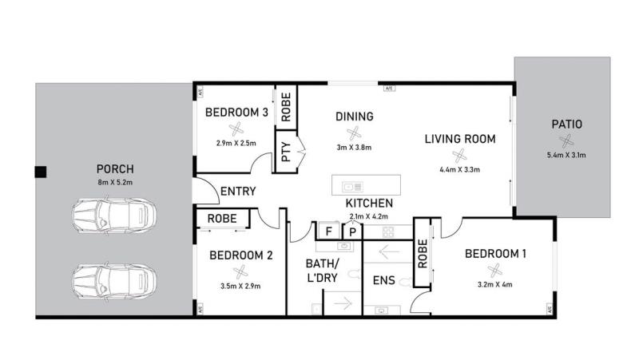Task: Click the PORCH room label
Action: click(115, 168)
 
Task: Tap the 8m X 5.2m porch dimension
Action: click(115, 183)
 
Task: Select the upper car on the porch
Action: click(114, 216)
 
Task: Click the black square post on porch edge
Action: click(41, 172)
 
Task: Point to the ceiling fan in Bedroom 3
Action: click(236, 129)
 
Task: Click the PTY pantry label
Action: click(286, 152)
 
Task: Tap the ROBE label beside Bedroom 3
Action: click(286, 107)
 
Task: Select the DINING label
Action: click(354, 117)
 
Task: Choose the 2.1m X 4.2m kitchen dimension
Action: click(368, 216)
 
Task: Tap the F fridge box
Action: click(328, 231)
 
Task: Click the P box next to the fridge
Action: click(352, 232)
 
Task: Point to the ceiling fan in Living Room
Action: click(459, 155)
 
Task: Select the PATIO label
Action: click(566, 125)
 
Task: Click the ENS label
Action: click(384, 280)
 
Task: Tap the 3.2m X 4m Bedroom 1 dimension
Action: click(494, 285)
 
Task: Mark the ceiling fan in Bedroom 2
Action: click(240, 272)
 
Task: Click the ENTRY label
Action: click(238, 191)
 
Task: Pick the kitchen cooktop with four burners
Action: click(388, 232)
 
